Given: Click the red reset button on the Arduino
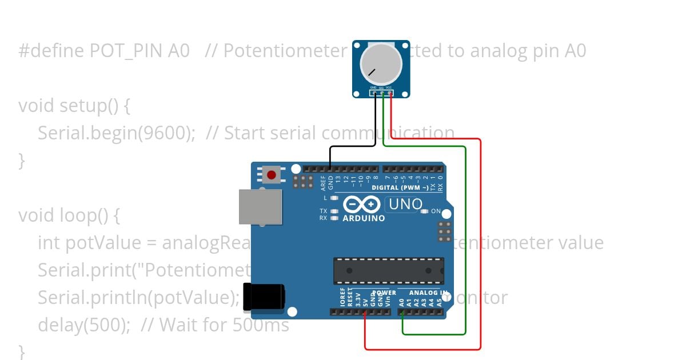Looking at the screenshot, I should pyautogui.click(x=272, y=174).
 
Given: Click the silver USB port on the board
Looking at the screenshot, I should pyautogui.click(x=261, y=206).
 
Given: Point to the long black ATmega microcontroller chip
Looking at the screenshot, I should pyautogui.click(x=389, y=270).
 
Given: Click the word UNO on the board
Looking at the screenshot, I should pyautogui.click(x=405, y=204).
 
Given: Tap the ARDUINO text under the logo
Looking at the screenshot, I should pyautogui.click(x=364, y=218).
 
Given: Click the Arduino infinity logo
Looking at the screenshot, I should pyautogui.click(x=362, y=205).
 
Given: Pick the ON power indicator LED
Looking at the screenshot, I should pyautogui.click(x=424, y=211).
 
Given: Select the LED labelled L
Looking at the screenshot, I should pyautogui.click(x=334, y=198).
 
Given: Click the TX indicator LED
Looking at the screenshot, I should pyautogui.click(x=334, y=211).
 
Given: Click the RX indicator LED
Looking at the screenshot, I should pyautogui.click(x=334, y=218).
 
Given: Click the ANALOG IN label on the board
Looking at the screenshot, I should pyautogui.click(x=428, y=293).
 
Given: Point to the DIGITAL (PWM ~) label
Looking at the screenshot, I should pyautogui.click(x=400, y=187).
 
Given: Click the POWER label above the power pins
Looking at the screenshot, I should pyautogui.click(x=384, y=293).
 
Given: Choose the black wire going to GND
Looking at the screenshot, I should pyautogui.click(x=352, y=146).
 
